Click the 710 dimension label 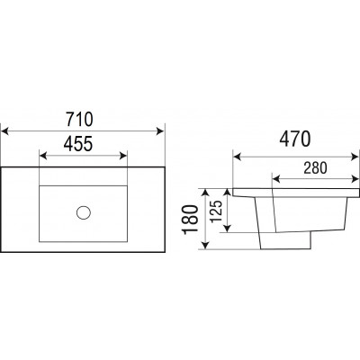point(80,119)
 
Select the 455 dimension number point(78,144)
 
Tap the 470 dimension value point(295,139)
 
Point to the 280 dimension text point(315,168)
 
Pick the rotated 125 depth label point(216,211)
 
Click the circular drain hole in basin point(84,212)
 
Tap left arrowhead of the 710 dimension point(5,131)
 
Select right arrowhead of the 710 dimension point(160,131)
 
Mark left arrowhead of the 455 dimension point(43,156)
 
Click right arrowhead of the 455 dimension point(123,156)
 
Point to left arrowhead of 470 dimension point(238,157)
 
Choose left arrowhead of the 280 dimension point(276,179)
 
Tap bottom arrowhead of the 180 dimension point(205,245)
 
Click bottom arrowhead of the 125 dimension point(228,229)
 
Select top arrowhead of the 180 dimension point(205,193)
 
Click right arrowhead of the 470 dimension point(355,157)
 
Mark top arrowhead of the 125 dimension point(228,193)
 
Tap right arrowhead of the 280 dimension point(355,179)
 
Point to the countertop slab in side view point(296,193)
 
